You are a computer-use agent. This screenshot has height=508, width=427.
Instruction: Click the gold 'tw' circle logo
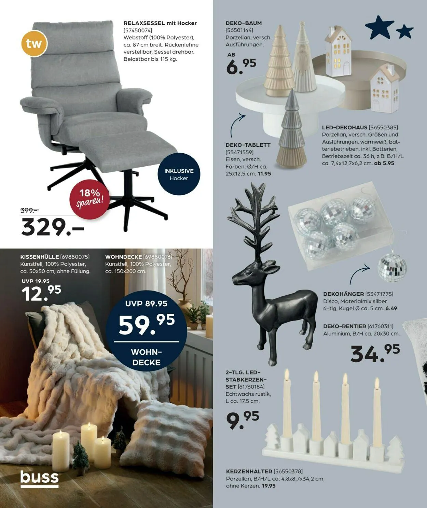[34, 44]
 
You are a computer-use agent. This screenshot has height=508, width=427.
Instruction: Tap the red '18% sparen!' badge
[90, 199]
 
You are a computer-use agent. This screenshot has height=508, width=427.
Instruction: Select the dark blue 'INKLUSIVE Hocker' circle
[179, 174]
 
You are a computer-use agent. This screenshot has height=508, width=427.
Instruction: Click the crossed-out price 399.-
[29, 210]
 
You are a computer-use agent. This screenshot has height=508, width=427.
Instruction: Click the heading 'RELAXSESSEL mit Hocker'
[160, 23]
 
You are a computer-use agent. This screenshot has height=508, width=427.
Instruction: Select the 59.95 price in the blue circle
[147, 324]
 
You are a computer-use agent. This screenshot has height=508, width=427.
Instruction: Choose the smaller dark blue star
[404, 32]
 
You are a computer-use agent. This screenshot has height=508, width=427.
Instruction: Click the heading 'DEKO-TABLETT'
[248, 145]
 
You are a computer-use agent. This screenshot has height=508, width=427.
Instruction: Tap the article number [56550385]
[383, 127]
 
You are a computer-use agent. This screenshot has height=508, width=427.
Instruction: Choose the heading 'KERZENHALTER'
[249, 471]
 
